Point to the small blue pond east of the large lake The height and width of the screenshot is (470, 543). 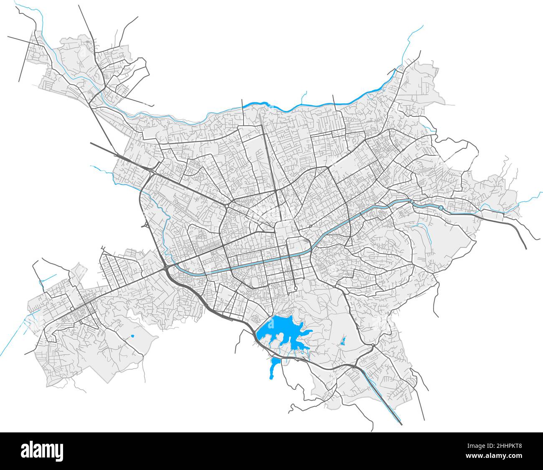(x=343, y=341)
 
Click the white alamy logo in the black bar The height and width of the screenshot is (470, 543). (x=42, y=451)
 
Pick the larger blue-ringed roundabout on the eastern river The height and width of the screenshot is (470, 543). (x=441, y=208)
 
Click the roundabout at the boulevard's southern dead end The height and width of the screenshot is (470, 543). (x=296, y=288)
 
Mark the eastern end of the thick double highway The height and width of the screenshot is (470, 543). (x=525, y=247)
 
